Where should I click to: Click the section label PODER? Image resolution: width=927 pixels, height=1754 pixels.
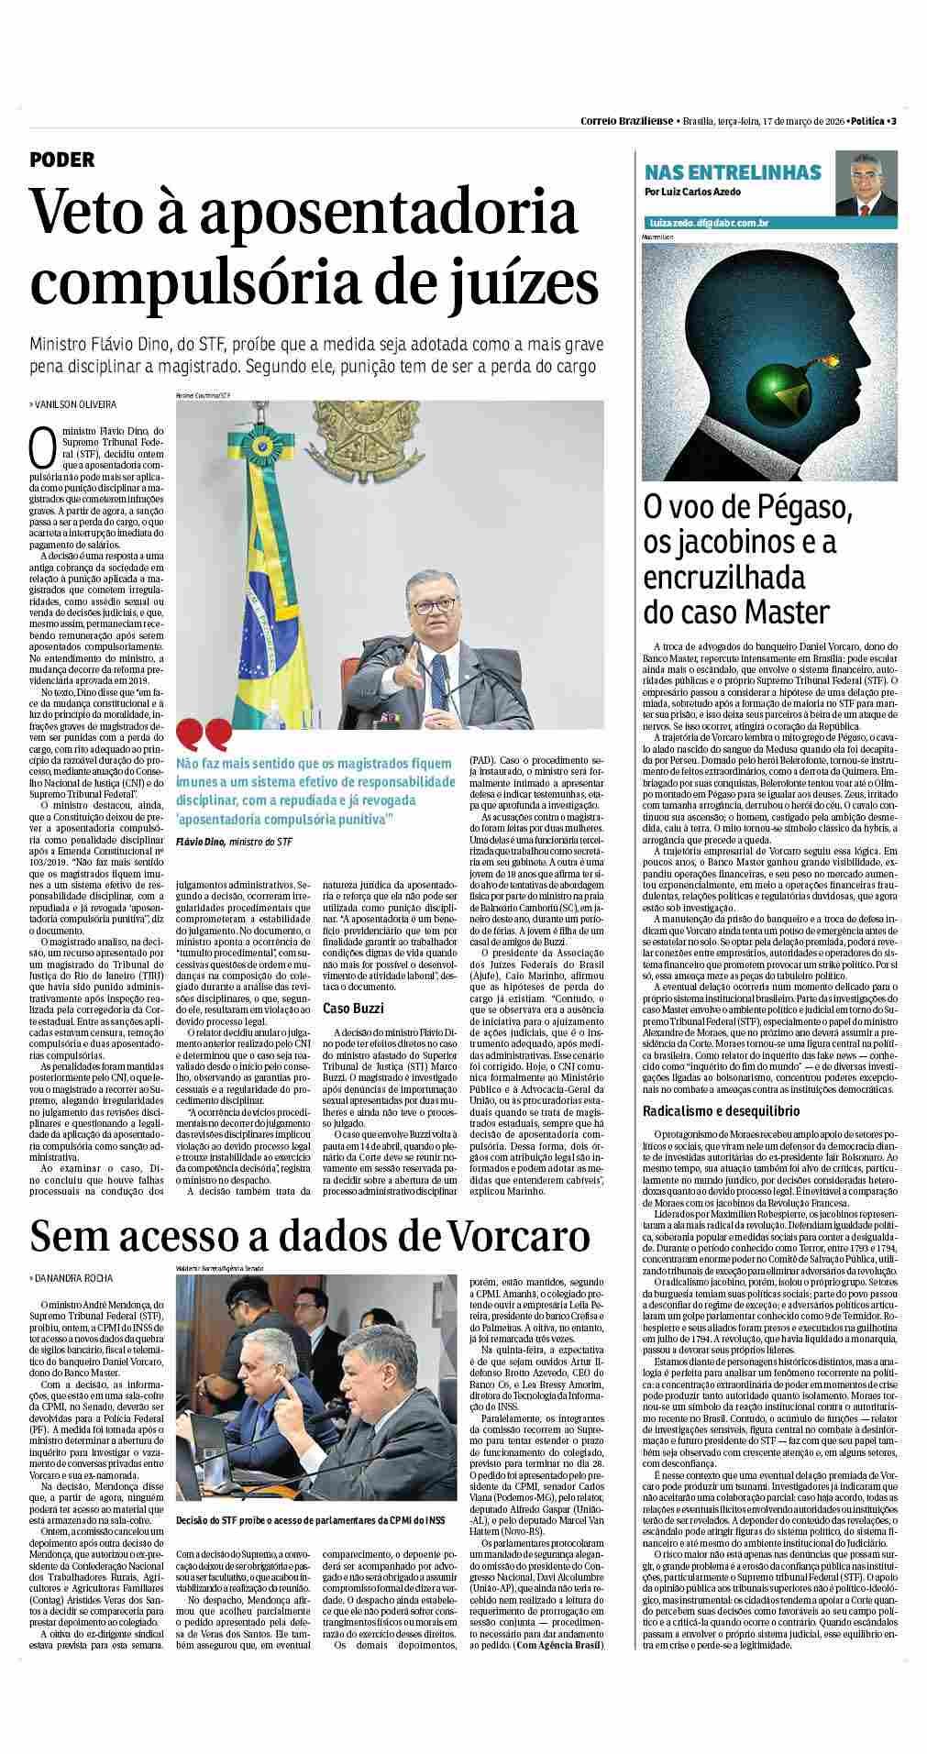(62, 160)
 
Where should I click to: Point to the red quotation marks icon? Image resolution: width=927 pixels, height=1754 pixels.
(203, 734)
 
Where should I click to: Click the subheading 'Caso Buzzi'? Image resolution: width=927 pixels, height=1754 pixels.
(352, 1009)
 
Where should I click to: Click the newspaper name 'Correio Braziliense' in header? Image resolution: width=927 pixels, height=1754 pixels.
(627, 121)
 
